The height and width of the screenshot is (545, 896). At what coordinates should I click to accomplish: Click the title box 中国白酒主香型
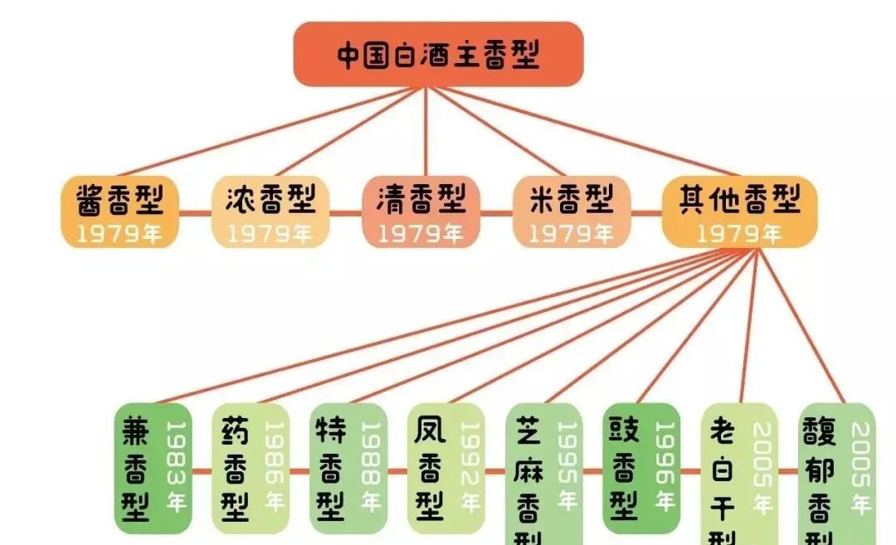tap(438, 55)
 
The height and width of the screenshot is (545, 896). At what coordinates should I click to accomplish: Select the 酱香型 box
tap(120, 212)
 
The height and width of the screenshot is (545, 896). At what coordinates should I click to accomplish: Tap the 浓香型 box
tap(270, 212)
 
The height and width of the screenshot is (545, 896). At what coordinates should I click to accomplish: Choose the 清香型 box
tap(421, 212)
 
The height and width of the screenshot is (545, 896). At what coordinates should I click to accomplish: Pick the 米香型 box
tap(572, 212)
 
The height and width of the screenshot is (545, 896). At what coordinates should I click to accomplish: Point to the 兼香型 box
tap(153, 469)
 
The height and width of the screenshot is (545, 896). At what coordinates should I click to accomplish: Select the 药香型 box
tap(251, 469)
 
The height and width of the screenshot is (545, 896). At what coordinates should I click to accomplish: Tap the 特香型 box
tap(348, 469)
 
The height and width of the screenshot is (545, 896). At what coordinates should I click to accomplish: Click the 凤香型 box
tap(446, 469)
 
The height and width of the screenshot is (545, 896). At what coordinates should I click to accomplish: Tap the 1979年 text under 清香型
tap(421, 234)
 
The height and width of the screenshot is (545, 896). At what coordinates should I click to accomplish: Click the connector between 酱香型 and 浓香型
tap(196, 212)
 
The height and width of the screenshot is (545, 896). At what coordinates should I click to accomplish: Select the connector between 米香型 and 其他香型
tap(646, 212)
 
